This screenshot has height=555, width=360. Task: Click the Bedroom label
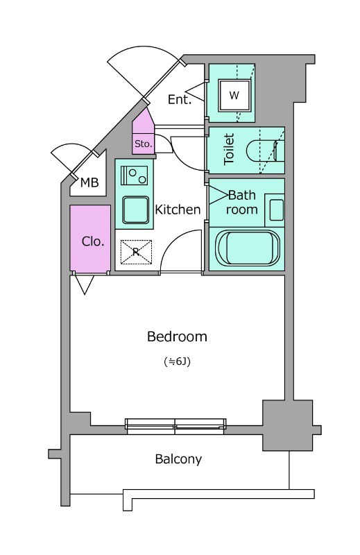177,336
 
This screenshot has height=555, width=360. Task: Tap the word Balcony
178,459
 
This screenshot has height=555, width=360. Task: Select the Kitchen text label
178,210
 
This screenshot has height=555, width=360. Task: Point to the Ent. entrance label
180,99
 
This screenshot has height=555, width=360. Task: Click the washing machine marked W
234,95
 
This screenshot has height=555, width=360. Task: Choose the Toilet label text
229,149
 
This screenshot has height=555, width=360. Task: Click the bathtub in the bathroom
248,248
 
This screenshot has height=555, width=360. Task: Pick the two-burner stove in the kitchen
134,176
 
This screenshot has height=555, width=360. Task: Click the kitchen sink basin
135,210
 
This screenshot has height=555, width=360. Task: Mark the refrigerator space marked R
136,252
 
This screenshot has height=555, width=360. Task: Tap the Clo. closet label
93,241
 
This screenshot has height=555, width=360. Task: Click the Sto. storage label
143,144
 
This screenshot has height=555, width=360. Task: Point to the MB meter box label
89,182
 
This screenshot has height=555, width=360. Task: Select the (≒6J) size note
178,361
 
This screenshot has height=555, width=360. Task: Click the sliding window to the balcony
175,426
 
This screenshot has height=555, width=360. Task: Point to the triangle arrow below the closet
85,284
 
